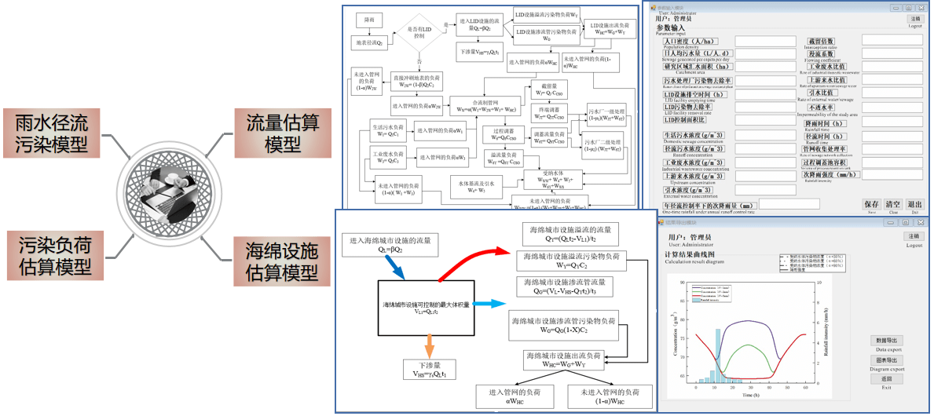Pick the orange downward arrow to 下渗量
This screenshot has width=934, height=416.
click(x=428, y=345)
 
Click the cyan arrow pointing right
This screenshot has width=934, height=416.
click(x=493, y=303)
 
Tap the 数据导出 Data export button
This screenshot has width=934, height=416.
click(x=886, y=341)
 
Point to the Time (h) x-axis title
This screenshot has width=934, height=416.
click(x=750, y=395)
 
